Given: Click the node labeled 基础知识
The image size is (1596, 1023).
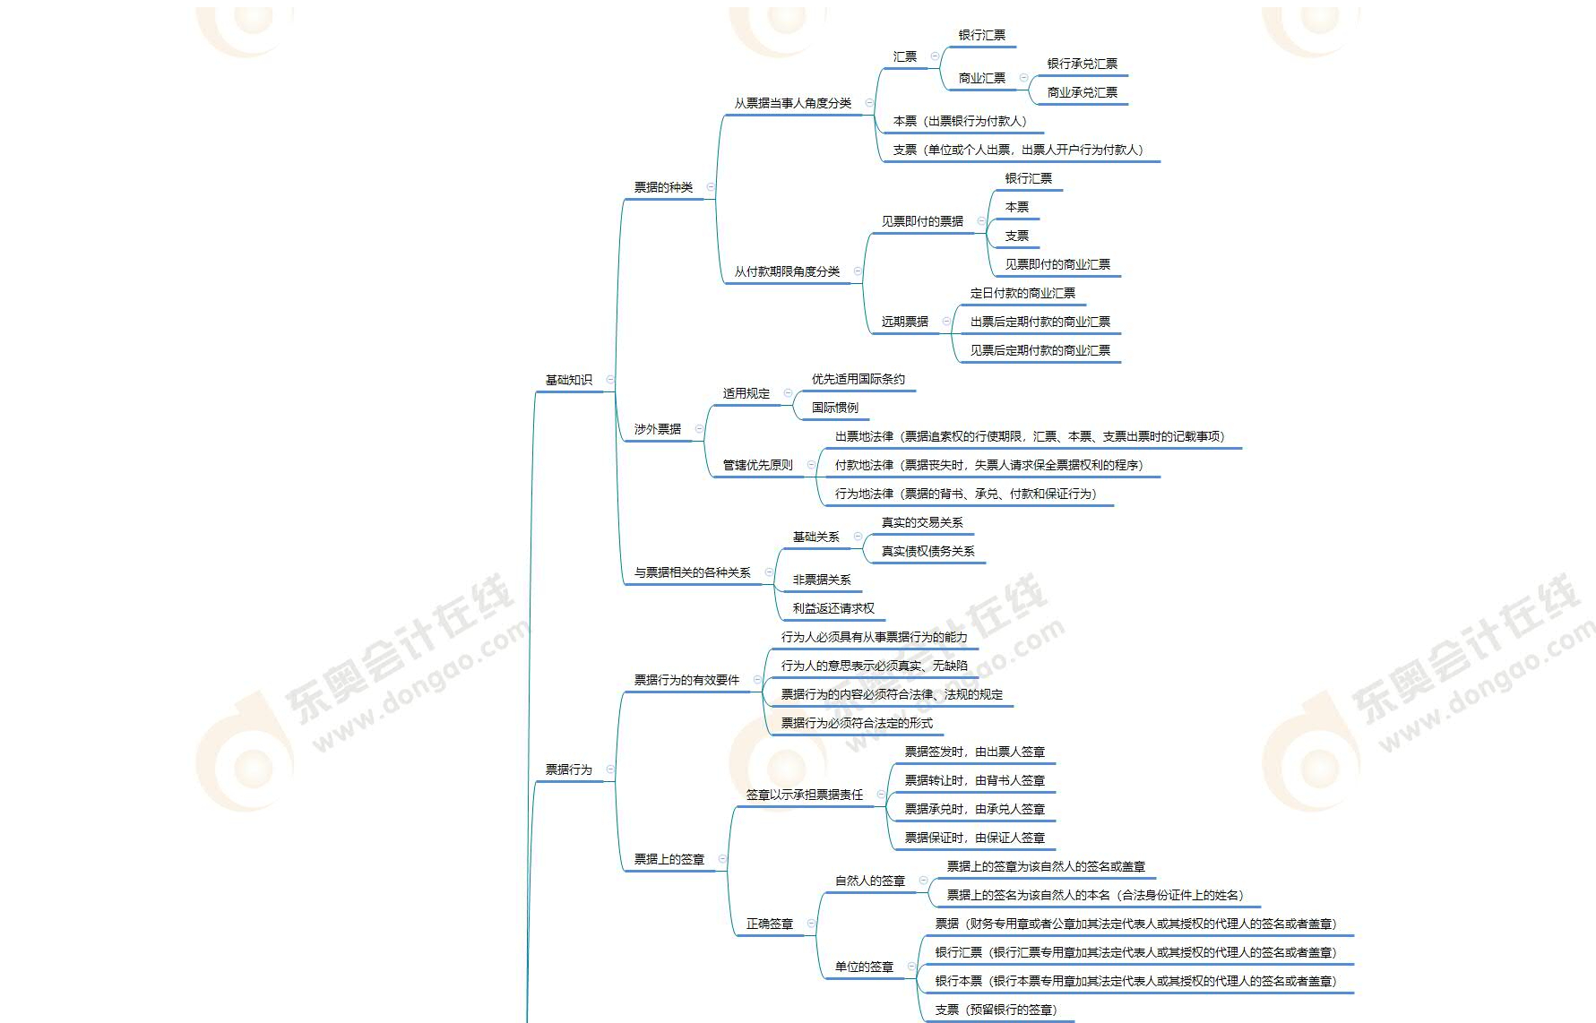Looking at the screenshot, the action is click(x=569, y=380).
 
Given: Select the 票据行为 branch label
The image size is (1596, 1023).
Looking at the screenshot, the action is click(x=569, y=769).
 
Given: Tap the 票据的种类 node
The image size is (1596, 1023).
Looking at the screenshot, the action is click(x=664, y=187).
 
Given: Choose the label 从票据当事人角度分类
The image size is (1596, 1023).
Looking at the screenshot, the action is click(x=793, y=103).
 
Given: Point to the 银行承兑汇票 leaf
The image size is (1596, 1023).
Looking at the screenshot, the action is click(x=1083, y=64).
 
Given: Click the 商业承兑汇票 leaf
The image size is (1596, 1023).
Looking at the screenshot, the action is click(x=1083, y=92).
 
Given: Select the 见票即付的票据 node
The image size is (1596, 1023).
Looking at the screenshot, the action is click(x=923, y=221).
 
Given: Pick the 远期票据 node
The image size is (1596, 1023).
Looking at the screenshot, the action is click(x=905, y=322).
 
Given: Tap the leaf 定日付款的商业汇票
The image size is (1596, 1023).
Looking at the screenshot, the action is click(x=1022, y=293).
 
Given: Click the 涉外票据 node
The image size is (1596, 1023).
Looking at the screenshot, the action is click(x=658, y=429).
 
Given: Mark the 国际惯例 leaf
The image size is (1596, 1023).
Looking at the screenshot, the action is click(x=835, y=408).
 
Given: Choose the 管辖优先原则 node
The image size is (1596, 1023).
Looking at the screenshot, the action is click(x=758, y=465).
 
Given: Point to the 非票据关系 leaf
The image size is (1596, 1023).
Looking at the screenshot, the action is click(x=822, y=580).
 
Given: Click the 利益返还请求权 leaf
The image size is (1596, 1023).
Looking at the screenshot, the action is click(x=833, y=608).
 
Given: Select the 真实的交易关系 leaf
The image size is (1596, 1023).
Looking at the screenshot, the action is click(x=922, y=522).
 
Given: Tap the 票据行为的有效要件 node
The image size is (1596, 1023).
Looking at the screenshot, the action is click(x=687, y=680).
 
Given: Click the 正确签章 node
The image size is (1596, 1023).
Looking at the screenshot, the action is click(x=770, y=924).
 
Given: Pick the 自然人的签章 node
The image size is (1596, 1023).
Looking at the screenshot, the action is click(x=870, y=881).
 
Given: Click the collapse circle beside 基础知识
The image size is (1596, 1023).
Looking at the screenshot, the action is click(x=610, y=380).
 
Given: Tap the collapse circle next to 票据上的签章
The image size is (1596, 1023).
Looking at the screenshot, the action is click(x=722, y=859).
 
